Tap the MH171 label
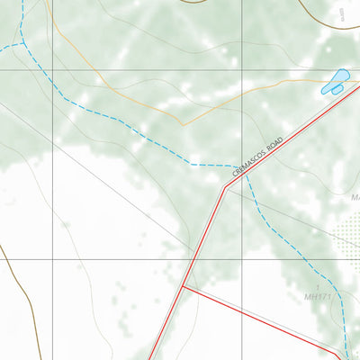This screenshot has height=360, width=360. coord(319,296)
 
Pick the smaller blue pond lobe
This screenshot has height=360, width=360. coord(328,89)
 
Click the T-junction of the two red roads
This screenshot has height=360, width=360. coord(183,286)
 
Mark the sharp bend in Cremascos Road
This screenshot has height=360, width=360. coord(224,187)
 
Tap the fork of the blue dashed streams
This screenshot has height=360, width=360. coord(22,41)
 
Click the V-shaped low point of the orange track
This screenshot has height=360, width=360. coord(183,124)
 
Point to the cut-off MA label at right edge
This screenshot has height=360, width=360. coord(355,196)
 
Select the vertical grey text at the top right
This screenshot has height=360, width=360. coord(345,13)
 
